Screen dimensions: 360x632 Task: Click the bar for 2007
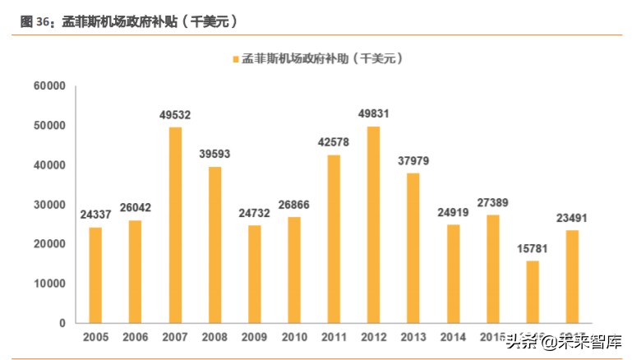click(175, 225)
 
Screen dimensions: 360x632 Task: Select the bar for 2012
click(374, 224)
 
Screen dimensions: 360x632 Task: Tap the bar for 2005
click(95, 275)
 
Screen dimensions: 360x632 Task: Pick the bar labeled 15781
click(533, 292)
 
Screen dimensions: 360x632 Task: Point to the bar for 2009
click(255, 274)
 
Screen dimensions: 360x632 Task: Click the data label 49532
click(175, 114)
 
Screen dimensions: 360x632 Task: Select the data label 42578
click(334, 142)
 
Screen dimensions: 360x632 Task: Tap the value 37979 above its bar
click(413, 160)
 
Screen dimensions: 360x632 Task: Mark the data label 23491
click(573, 218)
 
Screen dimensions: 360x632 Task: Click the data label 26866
click(294, 205)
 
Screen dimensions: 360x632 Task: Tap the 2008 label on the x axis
click(215, 337)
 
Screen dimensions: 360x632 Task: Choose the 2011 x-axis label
click(334, 337)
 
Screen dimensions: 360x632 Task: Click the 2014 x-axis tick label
click(453, 337)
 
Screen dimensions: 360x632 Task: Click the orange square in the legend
click(236, 60)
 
